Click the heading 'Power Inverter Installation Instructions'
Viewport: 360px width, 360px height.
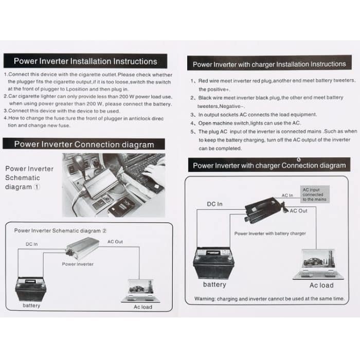(x=85, y=61)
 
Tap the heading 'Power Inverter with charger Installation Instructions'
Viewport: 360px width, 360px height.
(x=269, y=64)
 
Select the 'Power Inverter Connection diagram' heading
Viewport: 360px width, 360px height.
(x=84, y=144)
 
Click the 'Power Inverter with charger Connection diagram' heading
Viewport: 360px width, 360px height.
(x=269, y=165)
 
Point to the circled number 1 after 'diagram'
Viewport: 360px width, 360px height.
(x=37, y=187)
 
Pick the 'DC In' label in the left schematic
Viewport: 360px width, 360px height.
(x=32, y=244)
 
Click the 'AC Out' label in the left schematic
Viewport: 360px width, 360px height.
(x=115, y=241)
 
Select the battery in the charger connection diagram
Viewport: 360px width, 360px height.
(x=213, y=262)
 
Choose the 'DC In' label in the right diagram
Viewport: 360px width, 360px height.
(x=214, y=204)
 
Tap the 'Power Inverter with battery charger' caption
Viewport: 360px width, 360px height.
(x=270, y=233)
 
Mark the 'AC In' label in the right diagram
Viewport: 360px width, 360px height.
(x=287, y=195)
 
